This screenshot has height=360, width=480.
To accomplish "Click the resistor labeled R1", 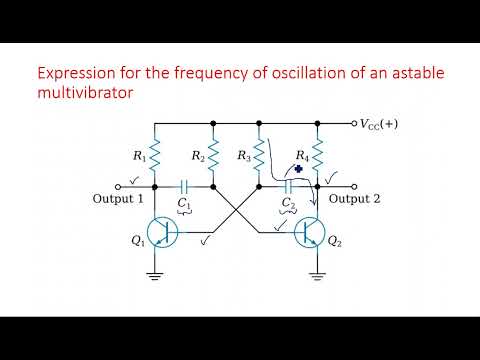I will click(x=156, y=154).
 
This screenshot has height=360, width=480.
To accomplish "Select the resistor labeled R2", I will click(x=215, y=154).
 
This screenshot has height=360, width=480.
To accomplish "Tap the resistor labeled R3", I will click(x=257, y=154).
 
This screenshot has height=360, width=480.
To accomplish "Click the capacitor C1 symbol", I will click(x=185, y=186).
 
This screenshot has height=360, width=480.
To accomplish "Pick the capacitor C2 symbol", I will click(x=288, y=186).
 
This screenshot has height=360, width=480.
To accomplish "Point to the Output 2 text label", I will click(x=357, y=199).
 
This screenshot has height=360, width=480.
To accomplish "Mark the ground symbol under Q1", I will click(x=156, y=270).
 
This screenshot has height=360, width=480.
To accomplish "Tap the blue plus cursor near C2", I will click(x=298, y=171).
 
